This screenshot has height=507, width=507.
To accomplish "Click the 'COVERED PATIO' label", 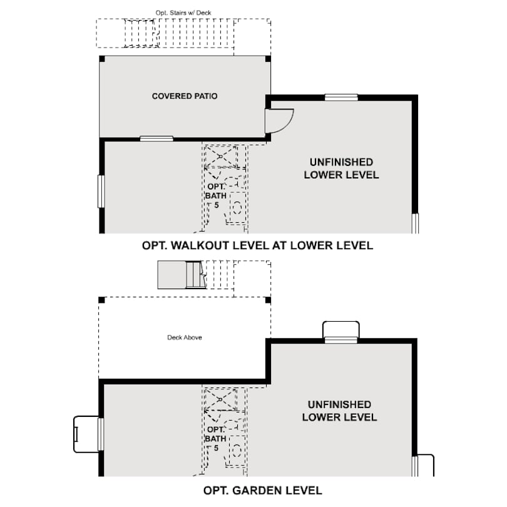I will click(x=185, y=96).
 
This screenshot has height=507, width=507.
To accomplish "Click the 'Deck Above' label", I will click(x=185, y=338).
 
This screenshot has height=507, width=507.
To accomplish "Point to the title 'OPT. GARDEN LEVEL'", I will click(x=263, y=490).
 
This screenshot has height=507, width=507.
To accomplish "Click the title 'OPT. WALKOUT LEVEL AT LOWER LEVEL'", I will click(x=257, y=245).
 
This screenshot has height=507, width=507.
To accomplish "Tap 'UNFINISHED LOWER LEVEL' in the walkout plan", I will click(x=341, y=168).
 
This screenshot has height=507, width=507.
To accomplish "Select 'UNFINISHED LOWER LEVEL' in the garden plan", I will click(x=339, y=411).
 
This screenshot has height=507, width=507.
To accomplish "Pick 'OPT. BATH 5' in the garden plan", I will click(x=214, y=438).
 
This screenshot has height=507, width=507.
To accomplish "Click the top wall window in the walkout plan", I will click(x=341, y=97).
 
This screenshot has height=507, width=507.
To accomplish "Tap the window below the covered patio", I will click(x=156, y=138).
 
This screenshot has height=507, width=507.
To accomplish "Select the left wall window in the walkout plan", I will click(x=101, y=191).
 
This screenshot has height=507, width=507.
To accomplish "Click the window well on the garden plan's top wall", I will click(x=341, y=330).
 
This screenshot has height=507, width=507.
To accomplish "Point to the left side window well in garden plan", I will click(x=86, y=434).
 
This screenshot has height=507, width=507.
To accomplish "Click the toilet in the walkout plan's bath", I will click(x=237, y=206).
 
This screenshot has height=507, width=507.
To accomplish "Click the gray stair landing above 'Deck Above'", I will click(x=172, y=275).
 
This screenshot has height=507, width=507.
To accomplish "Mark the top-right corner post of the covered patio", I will click(x=269, y=59).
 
